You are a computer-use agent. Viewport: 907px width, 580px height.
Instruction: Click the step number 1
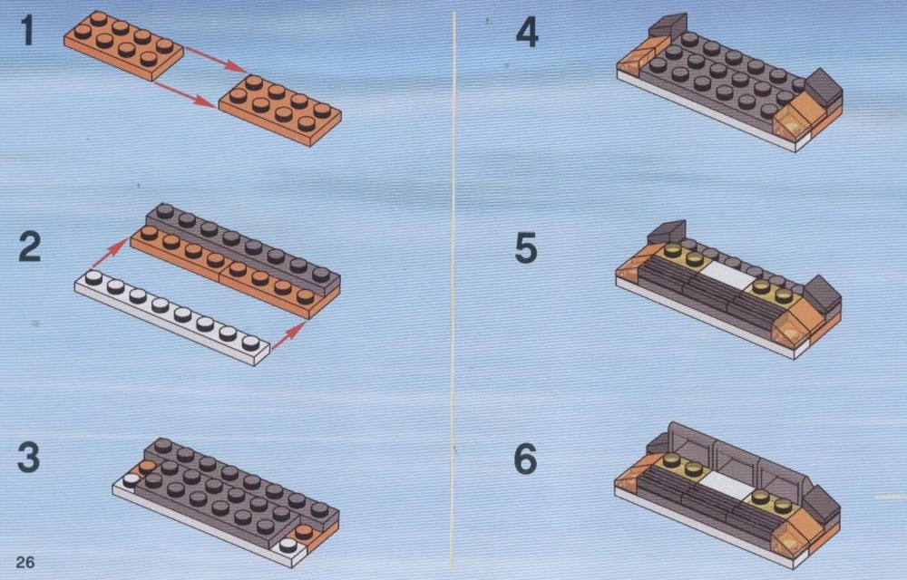pos(27,31)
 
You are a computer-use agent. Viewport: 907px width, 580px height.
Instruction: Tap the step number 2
pos(30,246)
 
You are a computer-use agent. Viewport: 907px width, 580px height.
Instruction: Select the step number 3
pos(29,457)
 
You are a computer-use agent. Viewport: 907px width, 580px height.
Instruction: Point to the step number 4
pos(527,33)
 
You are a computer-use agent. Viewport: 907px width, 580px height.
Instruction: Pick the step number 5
pos(526,247)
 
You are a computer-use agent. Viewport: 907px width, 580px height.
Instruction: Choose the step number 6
pos(526,459)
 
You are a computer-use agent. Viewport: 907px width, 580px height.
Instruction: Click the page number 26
pos(25,562)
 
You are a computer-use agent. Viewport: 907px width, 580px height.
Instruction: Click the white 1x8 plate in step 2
pos(172,317)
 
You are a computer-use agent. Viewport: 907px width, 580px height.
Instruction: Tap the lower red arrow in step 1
pos(185,94)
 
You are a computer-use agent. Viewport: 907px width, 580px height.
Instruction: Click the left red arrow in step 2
pos(110,253)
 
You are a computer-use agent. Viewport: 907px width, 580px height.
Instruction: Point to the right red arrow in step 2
pos(288,336)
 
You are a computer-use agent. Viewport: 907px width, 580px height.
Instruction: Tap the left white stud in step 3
pos(132,479)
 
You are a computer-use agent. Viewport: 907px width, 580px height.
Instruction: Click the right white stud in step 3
pos(288,545)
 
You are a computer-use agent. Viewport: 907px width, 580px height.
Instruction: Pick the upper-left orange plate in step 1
pos(123,45)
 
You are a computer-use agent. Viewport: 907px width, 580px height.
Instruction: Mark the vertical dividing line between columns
pos(453,289)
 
